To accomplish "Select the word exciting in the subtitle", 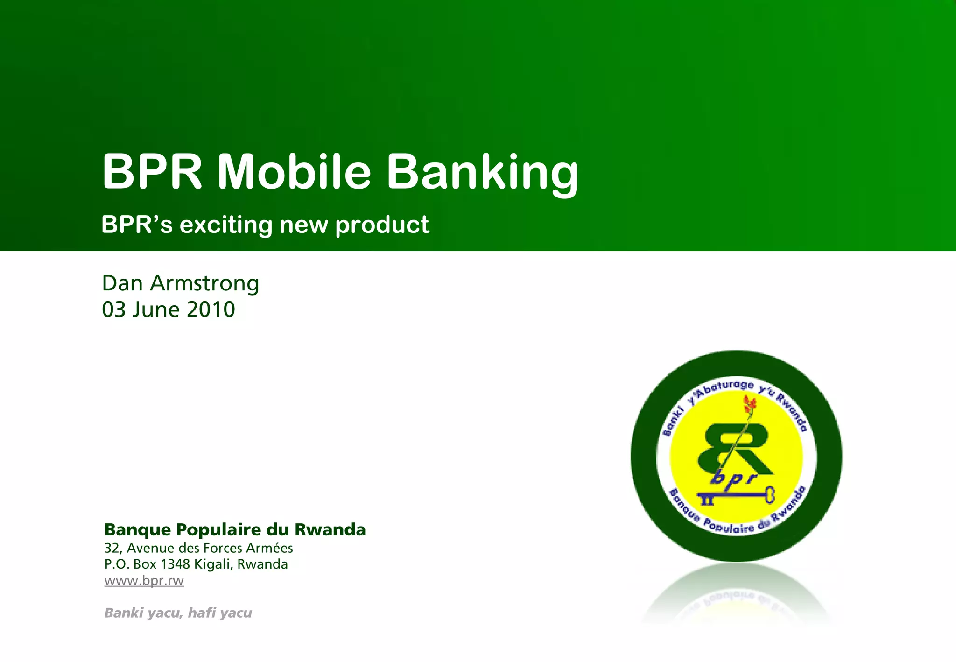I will click(x=226, y=225).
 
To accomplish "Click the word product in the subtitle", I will click(x=382, y=226).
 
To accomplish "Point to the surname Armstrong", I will click(x=204, y=283).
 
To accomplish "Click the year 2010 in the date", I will click(x=211, y=310).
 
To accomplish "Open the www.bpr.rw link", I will click(x=144, y=580).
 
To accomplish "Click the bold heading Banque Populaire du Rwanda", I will click(x=235, y=529).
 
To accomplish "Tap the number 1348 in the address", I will click(x=175, y=564).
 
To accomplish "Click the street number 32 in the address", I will click(x=112, y=548).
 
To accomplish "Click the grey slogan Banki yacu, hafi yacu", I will click(x=178, y=613).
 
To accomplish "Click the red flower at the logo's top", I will click(x=750, y=404).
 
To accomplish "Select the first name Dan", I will click(x=122, y=283).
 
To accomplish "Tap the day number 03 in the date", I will click(x=114, y=310).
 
